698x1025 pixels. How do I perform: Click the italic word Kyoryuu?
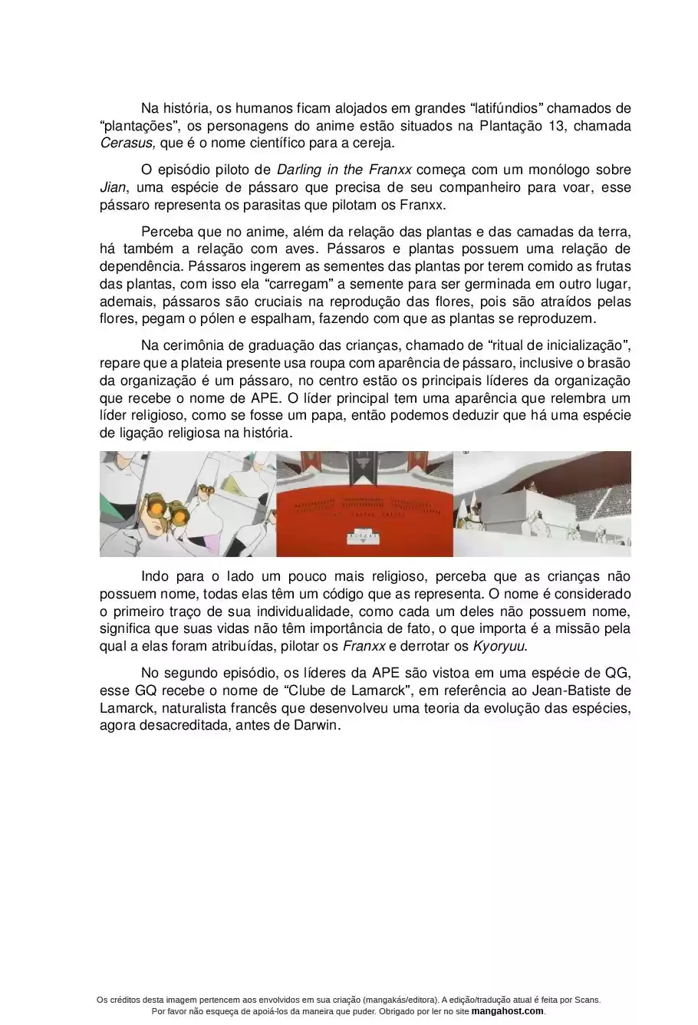tap(499, 646)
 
